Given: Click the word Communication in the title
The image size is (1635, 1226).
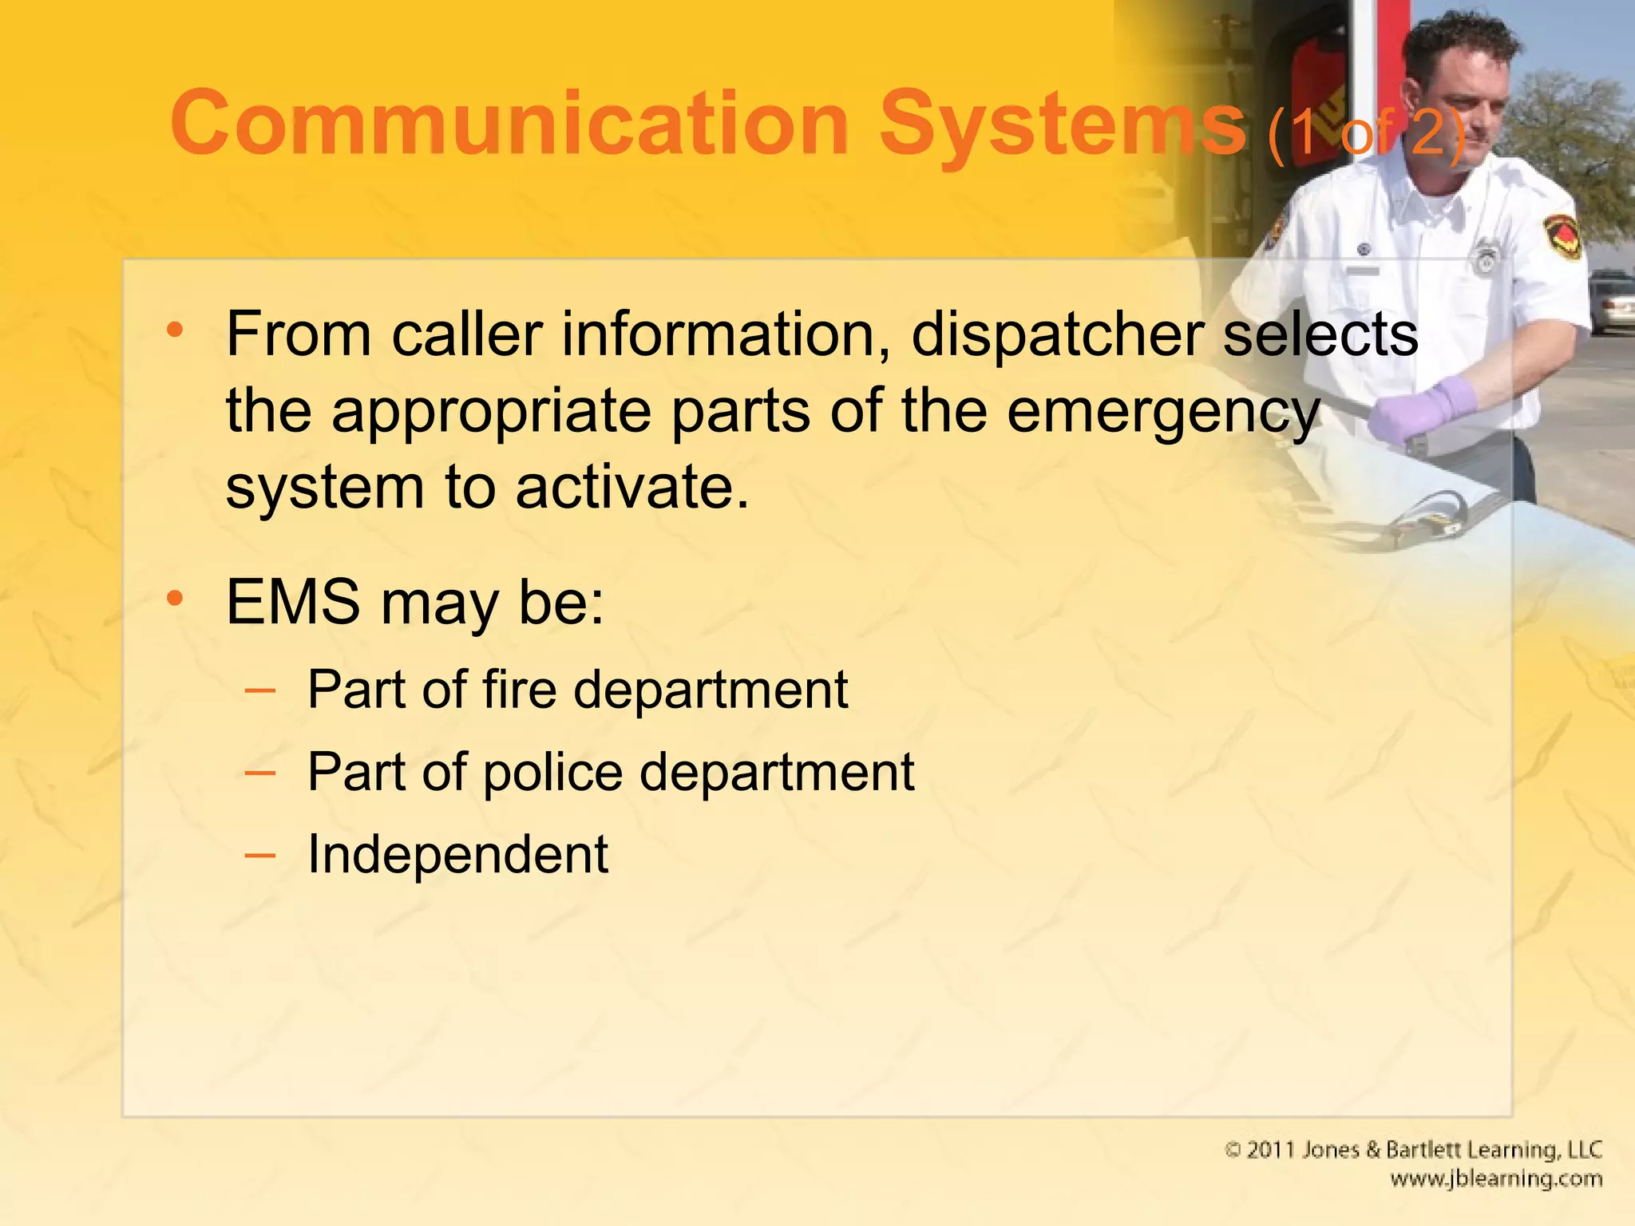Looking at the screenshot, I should coord(509,124).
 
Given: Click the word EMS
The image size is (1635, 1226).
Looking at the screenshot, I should coord(293,602).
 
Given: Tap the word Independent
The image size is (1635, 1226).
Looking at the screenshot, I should coord(457,855).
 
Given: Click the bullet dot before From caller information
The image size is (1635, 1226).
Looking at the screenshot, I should coord(176,330).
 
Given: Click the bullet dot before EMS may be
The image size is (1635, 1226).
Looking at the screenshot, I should coord(176,598).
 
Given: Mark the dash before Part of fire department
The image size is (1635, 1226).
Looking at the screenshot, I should coord(260,689).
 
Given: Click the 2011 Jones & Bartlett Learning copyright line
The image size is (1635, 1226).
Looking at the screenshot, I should coord(1413,1150).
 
